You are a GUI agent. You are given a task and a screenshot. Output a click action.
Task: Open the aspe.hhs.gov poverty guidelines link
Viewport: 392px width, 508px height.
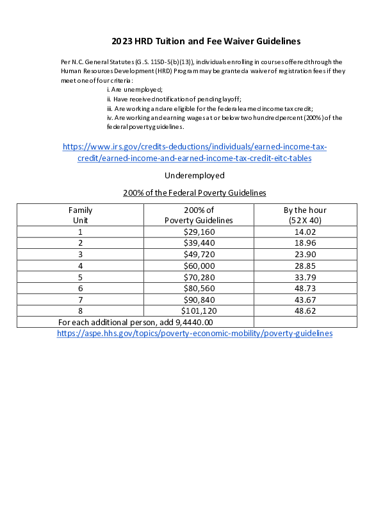[x=195, y=334]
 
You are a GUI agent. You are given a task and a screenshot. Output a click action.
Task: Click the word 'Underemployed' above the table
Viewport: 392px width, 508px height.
[x=195, y=175]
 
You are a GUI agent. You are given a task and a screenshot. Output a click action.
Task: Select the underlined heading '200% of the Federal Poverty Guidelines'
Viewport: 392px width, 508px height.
[x=195, y=192]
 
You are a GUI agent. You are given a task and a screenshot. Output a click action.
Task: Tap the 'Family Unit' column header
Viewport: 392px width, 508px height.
[x=81, y=215]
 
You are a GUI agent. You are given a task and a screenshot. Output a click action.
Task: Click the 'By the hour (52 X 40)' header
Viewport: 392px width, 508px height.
[x=305, y=215]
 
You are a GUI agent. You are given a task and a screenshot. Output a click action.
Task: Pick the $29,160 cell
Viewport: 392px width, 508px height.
[x=199, y=232]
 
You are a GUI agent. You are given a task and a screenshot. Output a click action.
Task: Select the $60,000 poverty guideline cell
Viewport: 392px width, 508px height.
[x=199, y=266]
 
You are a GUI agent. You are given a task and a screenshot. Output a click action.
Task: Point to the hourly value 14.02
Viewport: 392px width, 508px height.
[x=305, y=232]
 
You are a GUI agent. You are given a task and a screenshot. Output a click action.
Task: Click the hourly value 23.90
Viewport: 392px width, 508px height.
[x=305, y=254]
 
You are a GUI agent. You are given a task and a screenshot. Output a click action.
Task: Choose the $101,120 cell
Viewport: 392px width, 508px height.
[x=199, y=310]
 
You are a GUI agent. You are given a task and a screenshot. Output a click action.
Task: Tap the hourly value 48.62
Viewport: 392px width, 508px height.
[x=305, y=310]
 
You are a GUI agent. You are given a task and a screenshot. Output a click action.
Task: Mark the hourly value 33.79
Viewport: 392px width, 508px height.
[x=305, y=276]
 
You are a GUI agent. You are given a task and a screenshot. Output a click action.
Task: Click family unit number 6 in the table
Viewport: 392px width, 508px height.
[x=81, y=288]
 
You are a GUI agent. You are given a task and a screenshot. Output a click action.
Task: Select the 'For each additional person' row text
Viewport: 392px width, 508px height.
[x=135, y=322]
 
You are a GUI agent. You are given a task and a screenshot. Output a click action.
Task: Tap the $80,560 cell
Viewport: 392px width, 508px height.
[x=199, y=288]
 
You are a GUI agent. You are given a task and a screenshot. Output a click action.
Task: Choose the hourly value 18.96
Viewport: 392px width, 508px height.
[x=305, y=243]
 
